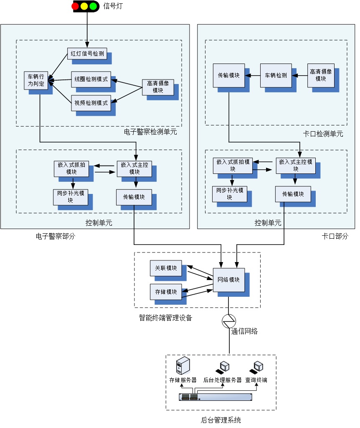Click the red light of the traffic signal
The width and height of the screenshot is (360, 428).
tap(75, 6)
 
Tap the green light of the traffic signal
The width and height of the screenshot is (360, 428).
tap(93, 6)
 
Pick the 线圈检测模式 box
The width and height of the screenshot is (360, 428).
tap(91, 79)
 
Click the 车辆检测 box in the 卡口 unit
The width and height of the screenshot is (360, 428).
tap(276, 76)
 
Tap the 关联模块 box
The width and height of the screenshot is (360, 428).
tap(166, 268)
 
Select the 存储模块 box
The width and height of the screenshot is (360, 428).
tap(166, 292)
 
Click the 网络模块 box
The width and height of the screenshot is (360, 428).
tap(228, 280)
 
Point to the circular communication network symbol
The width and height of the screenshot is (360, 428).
tap(229, 321)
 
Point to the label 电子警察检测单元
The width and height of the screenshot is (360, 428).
tap(151, 132)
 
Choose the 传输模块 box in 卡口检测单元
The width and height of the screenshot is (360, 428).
tap(228, 76)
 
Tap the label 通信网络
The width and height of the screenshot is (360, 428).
tap(245, 331)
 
